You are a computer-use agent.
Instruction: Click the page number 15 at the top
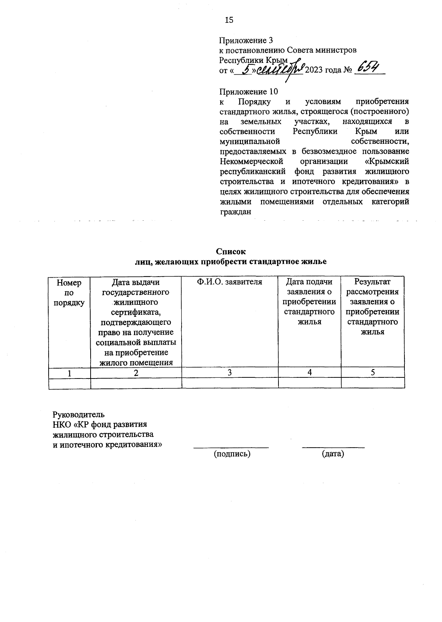229,20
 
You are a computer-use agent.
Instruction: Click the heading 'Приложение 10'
248,91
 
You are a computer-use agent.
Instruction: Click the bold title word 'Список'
231,252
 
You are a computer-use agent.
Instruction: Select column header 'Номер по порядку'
69,292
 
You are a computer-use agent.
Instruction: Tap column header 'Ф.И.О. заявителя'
229,282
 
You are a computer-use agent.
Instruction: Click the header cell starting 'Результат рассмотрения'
372,307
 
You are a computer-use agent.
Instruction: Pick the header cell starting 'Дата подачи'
309,302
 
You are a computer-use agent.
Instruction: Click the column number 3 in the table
229,373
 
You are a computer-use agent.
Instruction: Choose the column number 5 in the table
373,373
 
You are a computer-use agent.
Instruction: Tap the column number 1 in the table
69,373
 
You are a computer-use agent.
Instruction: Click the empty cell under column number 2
136,383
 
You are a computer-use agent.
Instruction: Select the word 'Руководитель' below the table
78,415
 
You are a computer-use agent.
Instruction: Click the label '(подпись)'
232,454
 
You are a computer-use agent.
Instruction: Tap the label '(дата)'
333,454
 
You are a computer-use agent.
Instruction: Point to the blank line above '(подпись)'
231,447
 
